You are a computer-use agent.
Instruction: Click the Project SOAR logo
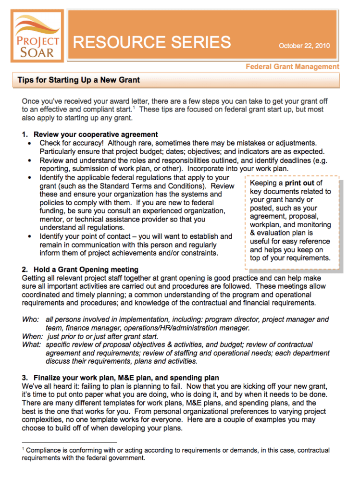point(37,36)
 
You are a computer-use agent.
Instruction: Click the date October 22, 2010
point(304,46)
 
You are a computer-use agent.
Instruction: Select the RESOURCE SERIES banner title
point(152,42)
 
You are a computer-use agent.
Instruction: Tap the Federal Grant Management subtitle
point(292,67)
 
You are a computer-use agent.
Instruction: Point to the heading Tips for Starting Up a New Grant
point(79,80)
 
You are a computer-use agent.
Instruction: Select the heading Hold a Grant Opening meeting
point(86,270)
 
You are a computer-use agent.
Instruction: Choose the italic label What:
point(32,344)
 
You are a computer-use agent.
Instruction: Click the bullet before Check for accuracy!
point(31,143)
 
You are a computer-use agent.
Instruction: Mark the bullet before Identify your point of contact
point(31,236)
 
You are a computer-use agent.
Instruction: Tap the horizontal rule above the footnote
point(69,442)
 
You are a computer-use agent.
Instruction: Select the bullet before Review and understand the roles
point(31,160)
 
